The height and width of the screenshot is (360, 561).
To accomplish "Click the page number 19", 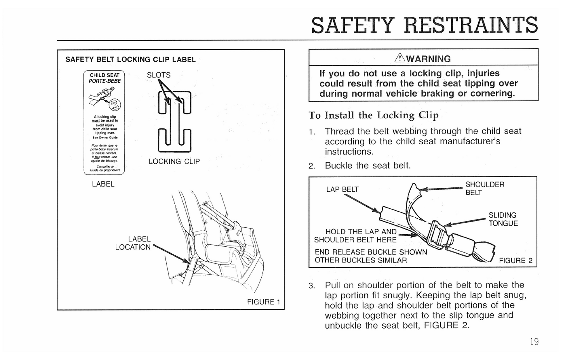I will coord(534,342).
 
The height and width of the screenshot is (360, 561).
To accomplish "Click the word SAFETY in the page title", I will coord(353,25).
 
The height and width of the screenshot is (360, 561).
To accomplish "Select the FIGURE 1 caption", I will coord(263,302).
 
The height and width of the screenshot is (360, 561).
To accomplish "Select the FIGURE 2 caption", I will coord(516,261).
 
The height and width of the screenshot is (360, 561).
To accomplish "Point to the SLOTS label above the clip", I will coord(158,75).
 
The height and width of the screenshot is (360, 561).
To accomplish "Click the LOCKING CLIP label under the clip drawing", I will coord(174,161).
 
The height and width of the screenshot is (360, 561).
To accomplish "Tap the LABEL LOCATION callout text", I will coord(133,243).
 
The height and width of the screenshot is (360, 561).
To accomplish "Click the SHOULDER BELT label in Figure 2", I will coord(485,189).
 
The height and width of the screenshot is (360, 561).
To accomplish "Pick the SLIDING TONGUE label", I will coord(503,219).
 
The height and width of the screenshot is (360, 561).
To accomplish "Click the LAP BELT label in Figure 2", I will coord(342,189).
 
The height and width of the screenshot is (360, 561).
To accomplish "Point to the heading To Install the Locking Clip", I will coord(373,115).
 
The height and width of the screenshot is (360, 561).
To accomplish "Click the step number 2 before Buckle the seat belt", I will coord(311,166).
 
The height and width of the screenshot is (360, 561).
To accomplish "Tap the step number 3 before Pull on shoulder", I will coord(311,286).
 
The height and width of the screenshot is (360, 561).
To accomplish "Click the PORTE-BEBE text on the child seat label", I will coord(104,81).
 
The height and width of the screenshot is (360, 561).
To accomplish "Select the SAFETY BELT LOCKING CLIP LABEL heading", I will coord(130,60).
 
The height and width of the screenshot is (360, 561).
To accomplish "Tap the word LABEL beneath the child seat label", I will coord(103,184).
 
